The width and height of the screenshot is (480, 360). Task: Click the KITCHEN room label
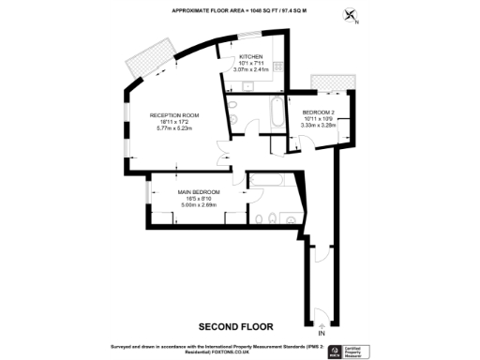(250, 58)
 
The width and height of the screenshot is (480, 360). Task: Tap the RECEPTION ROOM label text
(174, 115)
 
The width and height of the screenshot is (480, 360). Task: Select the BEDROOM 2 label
(319, 112)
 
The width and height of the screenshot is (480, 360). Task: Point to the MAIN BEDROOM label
(198, 192)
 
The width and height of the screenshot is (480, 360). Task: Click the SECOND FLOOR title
(235, 327)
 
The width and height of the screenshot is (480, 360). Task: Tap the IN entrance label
(322, 334)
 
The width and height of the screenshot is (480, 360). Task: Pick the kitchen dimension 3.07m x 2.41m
(250, 69)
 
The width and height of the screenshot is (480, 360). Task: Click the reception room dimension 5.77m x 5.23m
(174, 128)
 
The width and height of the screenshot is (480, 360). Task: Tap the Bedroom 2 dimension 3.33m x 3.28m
(319, 126)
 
